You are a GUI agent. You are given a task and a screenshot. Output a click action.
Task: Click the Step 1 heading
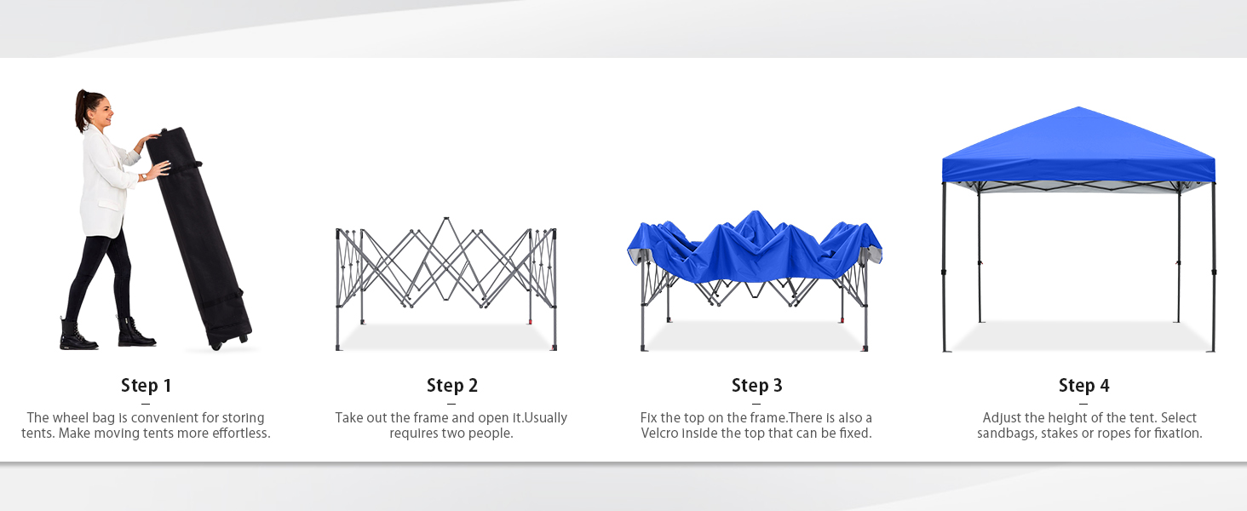(x=146, y=385)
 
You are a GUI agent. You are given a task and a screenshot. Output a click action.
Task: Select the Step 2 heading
(x=452, y=385)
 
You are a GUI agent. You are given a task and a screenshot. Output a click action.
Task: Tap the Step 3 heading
(x=756, y=385)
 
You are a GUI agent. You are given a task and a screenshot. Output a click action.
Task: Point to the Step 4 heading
(x=1084, y=385)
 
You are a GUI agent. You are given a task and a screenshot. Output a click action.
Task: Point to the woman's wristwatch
(x=144, y=177)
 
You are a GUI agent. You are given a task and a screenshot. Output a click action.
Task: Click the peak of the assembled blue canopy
(x=1078, y=106)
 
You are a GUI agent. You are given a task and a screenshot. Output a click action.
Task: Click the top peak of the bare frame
(x=446, y=218)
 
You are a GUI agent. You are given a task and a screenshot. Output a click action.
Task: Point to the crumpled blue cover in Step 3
(x=755, y=245)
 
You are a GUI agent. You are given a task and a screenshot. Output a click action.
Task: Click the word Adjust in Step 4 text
(x=1000, y=418)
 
